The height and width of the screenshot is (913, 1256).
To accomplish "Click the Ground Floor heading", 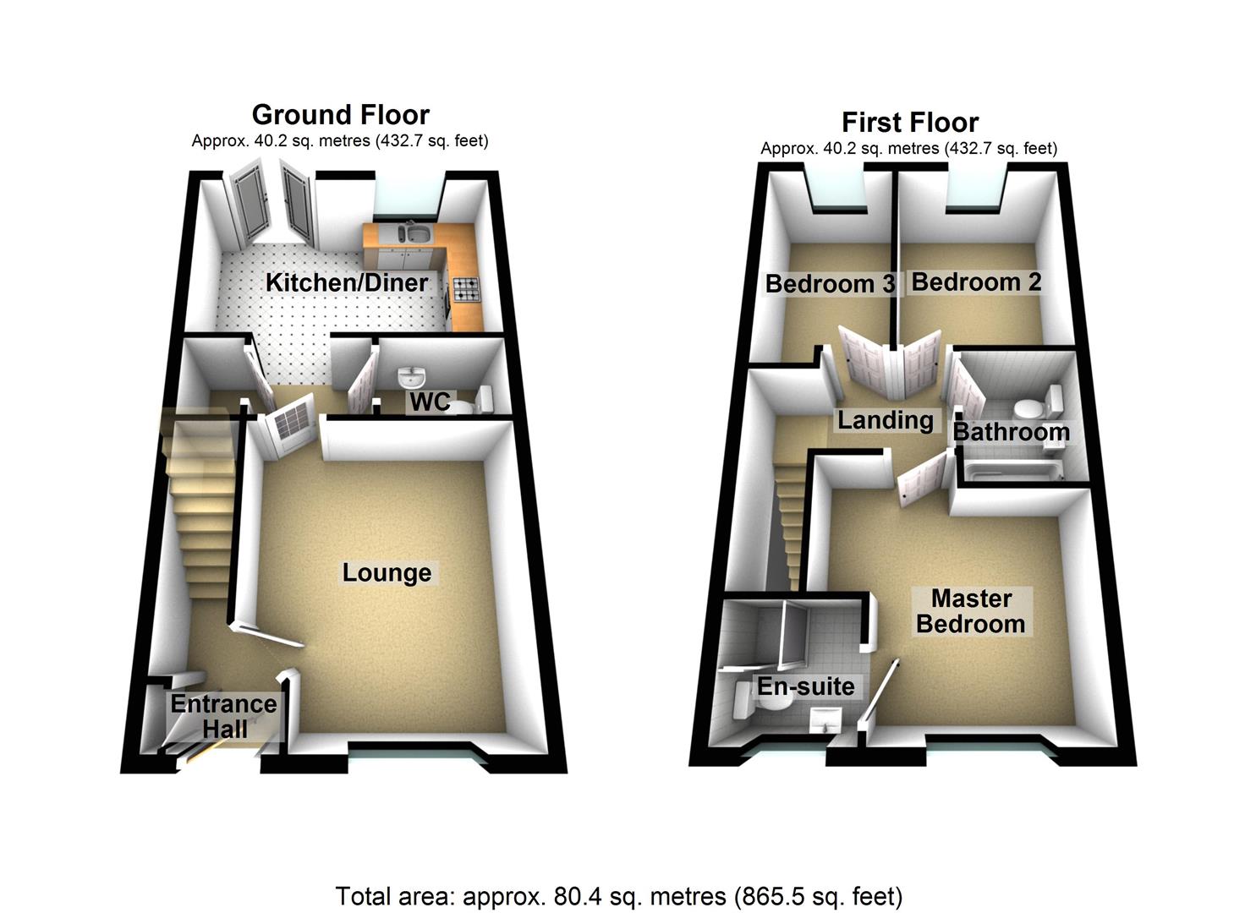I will pyautogui.click(x=340, y=114).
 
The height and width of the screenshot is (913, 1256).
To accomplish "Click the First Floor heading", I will pyautogui.click(x=910, y=122).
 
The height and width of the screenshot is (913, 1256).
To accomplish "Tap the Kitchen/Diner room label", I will pyautogui.click(x=347, y=282).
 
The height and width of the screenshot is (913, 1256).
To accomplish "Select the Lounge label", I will pyautogui.click(x=387, y=572).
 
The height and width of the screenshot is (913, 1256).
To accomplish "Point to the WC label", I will pyautogui.click(x=431, y=402).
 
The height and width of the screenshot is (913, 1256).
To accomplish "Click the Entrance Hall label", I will pyautogui.click(x=223, y=716).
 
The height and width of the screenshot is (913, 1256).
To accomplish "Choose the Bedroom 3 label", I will pyautogui.click(x=829, y=283).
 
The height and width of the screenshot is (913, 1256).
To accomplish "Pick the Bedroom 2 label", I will pyautogui.click(x=976, y=282).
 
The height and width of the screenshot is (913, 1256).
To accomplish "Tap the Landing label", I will pyautogui.click(x=885, y=419).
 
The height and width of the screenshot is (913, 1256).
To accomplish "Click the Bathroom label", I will pyautogui.click(x=1011, y=432).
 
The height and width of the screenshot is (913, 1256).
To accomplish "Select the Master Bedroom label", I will pyautogui.click(x=971, y=611).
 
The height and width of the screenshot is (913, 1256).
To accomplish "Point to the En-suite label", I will pyautogui.click(x=805, y=686).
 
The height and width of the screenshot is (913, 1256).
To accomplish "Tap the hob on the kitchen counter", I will pyautogui.click(x=466, y=290).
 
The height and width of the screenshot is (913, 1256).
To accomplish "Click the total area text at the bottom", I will pyautogui.click(x=619, y=895).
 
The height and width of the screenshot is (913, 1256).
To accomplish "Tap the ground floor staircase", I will pyautogui.click(x=201, y=507).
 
